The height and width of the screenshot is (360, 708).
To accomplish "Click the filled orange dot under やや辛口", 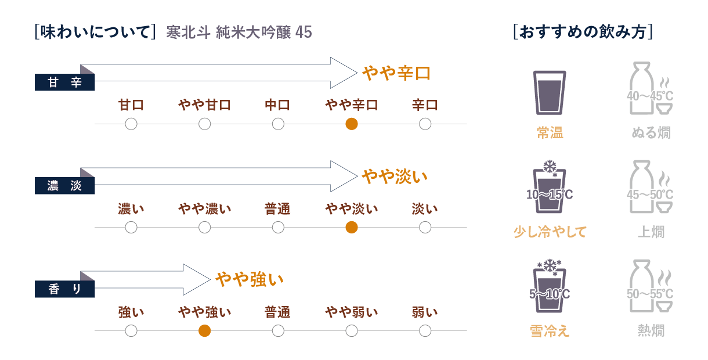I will [351, 124].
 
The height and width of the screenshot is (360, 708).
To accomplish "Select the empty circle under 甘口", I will [131, 124].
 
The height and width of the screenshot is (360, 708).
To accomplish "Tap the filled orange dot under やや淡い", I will [351, 227].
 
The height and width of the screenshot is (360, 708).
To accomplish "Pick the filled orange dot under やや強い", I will [204, 331].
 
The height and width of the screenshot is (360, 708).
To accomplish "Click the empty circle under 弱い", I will [425, 331].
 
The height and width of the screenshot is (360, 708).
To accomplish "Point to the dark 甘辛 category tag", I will [64, 83].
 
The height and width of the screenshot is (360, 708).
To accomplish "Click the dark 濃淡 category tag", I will [64, 186].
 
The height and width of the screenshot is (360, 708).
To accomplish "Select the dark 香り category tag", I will [64, 290].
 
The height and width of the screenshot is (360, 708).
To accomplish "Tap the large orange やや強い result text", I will [250, 280].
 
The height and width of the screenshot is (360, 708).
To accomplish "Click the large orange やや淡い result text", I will [395, 177].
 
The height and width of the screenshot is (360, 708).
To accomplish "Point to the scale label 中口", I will [277, 105].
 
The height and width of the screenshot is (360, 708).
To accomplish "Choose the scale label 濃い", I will [131, 208].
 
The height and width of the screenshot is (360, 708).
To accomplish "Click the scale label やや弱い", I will [351, 312].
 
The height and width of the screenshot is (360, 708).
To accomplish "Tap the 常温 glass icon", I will [549, 93].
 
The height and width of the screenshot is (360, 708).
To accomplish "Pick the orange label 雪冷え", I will [549, 331].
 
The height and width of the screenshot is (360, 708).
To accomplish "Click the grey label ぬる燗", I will [651, 133].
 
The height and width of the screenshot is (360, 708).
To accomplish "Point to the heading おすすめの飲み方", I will [583, 31].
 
